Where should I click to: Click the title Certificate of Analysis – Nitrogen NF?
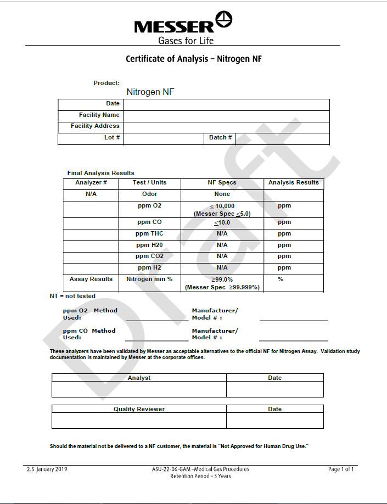193,59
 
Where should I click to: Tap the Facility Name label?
99,115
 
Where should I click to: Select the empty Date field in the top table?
226,104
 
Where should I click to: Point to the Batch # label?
220,137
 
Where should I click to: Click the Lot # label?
112,137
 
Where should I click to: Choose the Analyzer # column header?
91,182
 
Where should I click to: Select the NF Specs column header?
222,182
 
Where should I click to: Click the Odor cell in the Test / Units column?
149,194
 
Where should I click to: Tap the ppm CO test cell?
149,222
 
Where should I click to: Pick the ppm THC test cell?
149,234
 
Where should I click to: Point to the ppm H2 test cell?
149,268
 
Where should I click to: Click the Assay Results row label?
91,279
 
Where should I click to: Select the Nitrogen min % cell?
149,279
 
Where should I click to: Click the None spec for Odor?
222,194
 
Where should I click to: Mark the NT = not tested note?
72,296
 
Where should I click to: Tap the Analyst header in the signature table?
139,378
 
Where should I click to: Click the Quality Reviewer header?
139,409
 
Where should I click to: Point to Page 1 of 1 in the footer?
340,469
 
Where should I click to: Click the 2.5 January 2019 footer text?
47,469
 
